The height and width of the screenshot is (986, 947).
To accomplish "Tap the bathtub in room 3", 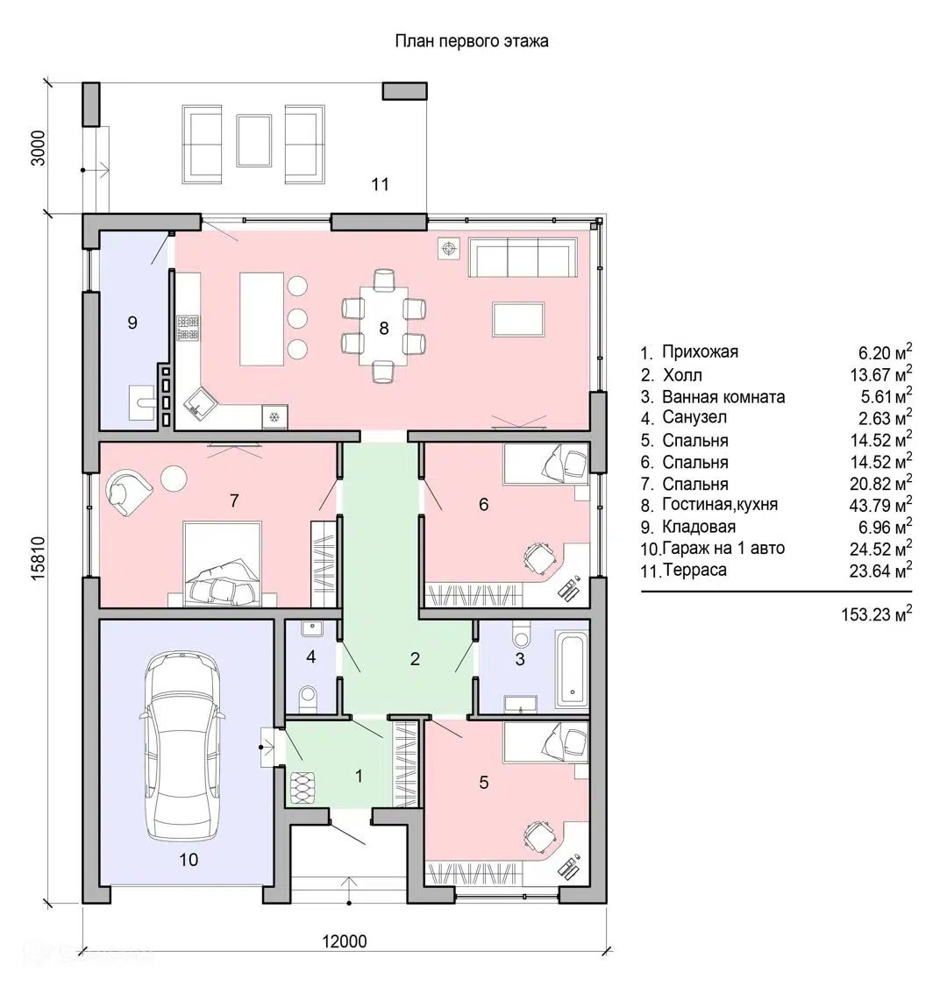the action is tap(572, 670).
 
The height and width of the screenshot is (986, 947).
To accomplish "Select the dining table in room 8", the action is tap(383, 326).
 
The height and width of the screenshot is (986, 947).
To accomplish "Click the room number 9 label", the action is tap(132, 323).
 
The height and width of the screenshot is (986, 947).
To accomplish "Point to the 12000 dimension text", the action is tap(345, 941).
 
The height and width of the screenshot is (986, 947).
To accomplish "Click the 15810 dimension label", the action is tap(39, 557).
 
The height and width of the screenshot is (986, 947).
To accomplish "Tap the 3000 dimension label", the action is tap(39, 148).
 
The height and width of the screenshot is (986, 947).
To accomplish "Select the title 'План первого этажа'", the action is tap(471, 41).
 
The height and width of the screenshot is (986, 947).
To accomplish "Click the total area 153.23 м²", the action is tap(877, 614).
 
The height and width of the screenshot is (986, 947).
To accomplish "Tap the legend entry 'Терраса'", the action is tap(694, 570).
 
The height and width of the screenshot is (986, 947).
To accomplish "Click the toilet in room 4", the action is tap(309, 698).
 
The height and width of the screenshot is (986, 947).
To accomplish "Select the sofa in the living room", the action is tap(523, 257).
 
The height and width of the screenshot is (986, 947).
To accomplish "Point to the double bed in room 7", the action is tap(222, 564).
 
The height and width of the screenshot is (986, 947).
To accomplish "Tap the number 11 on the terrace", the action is tap(380, 184).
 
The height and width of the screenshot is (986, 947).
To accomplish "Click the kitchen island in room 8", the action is tap(262, 319).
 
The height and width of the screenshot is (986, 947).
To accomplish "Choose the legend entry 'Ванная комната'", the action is tap(723, 397).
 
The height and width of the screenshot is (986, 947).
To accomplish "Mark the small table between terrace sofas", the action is tap(254, 140).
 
